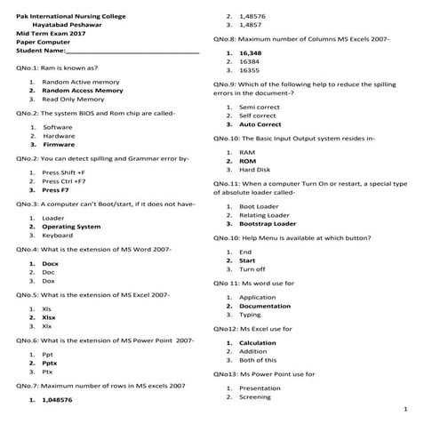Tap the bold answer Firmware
point(59,144)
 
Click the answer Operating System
point(71,227)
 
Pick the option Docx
point(50,264)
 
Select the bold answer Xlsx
point(49,317)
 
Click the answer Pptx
point(50,364)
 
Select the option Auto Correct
point(260,124)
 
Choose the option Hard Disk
point(254,169)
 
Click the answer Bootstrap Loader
point(268,224)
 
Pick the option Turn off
point(252,268)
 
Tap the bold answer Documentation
point(264,306)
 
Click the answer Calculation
point(258,343)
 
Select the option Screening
point(255,397)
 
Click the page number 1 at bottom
point(404,411)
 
